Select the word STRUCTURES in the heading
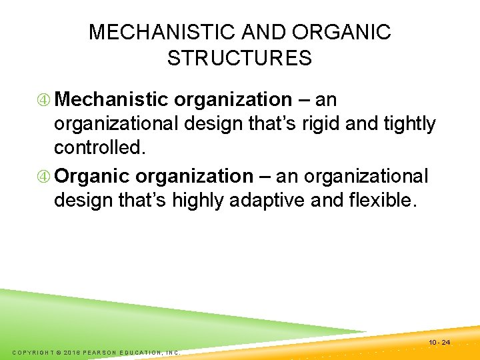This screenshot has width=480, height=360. pos(240,59)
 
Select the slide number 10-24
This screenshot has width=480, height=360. pos(440,343)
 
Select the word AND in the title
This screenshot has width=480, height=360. pos(267,32)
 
